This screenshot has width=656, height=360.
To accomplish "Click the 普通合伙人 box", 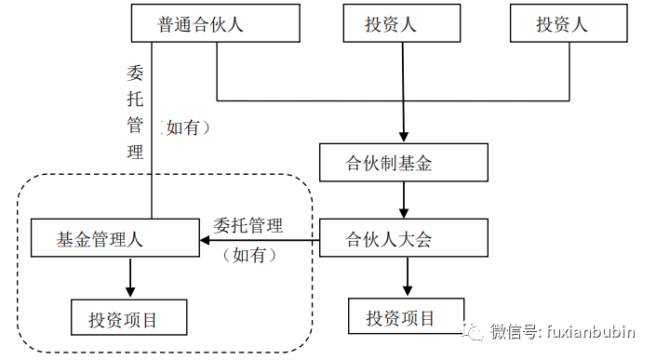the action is point(216,23).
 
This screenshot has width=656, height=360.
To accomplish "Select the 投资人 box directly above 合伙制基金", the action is point(402,23).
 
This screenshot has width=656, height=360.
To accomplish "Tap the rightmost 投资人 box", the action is point(569,23).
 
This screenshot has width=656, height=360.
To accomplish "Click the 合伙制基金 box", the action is point(404,163).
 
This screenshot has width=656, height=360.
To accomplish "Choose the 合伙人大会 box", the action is point(404,237).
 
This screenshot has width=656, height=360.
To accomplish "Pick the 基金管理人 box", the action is point(115,237).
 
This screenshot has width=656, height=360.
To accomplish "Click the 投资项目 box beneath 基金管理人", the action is point(128,317).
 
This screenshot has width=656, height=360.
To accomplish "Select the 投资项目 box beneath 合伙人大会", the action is point(407,316).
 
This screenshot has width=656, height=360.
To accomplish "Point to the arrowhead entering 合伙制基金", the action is point(403,138).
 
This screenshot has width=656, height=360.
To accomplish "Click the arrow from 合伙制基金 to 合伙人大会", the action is point(404,200).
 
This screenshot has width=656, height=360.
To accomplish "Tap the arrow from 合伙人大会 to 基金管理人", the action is point(260,240).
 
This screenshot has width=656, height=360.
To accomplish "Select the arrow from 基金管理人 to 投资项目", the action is point(130,277).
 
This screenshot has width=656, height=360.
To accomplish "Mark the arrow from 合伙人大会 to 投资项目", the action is point(408,277).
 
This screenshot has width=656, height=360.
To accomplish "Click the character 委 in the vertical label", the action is point(135,73).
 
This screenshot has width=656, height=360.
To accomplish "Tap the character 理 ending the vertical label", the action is point(135,152).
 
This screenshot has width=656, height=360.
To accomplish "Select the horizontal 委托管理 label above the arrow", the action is point(248,226).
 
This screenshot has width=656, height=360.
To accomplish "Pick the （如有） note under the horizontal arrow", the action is point(249,255).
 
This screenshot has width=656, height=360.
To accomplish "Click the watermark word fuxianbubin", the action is point(590,331).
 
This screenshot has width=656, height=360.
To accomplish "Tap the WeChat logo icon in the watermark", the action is point(472,331).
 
